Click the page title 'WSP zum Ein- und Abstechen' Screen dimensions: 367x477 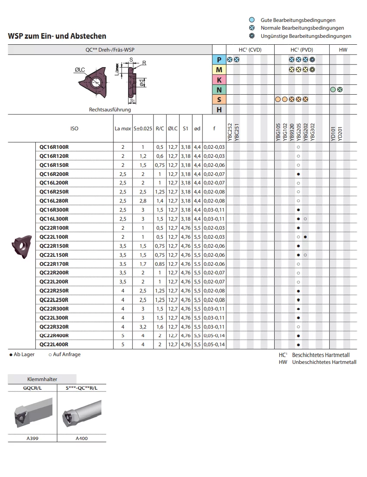pyautogui.click(x=57, y=36)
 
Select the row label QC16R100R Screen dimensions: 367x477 pyautogui.click(x=54, y=147)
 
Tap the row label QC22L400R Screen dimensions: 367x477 pyautogui.click(x=54, y=345)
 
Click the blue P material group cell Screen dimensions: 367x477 pyautogui.click(x=219, y=60)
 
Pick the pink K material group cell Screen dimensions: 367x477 pyautogui.click(x=219, y=80)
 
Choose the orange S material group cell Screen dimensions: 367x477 pyautogui.click(x=219, y=99)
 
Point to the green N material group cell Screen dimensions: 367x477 pyautogui.click(x=219, y=90)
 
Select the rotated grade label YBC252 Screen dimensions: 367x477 pyautogui.click(x=230, y=132)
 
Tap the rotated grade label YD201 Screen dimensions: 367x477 pyautogui.click(x=340, y=133)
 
